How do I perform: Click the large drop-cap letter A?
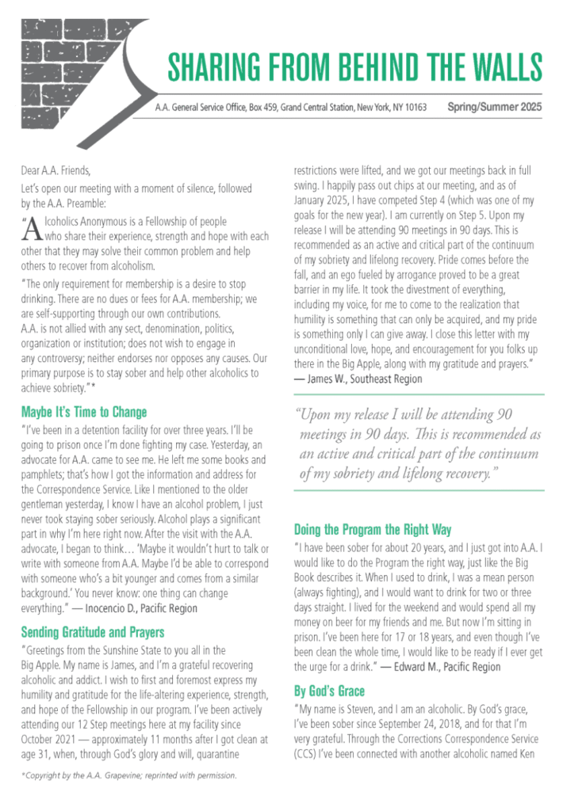[33, 230]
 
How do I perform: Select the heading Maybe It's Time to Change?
[84, 413]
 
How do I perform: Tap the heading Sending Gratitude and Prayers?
[93, 632]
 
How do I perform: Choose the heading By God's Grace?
[334, 691]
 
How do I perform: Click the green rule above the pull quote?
[419, 394]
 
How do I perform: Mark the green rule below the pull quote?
[419, 490]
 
